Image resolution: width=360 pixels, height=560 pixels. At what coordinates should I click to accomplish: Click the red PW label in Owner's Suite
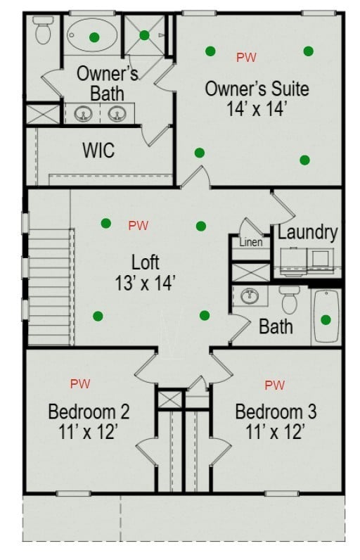point(246,57)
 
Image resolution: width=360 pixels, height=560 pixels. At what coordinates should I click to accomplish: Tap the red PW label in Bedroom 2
point(80,383)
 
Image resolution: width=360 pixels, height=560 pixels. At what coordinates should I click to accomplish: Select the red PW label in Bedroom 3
point(275,385)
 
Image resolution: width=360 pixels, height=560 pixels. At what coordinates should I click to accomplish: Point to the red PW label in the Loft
point(138,225)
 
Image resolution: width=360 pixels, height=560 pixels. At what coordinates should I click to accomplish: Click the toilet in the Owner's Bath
point(43,30)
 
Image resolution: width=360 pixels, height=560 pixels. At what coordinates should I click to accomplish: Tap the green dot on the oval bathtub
point(94,37)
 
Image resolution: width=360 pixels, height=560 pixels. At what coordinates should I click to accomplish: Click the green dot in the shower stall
point(144,35)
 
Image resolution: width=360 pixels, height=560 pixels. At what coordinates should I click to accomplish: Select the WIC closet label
point(99,151)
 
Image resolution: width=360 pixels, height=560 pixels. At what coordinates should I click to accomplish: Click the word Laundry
point(307,232)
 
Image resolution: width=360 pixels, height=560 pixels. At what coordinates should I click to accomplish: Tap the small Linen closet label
point(251,243)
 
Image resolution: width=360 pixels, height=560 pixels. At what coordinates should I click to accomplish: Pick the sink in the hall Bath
point(250,295)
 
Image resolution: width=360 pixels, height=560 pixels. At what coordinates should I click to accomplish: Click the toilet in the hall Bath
point(289,300)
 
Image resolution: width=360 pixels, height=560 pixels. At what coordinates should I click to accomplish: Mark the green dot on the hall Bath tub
point(326,319)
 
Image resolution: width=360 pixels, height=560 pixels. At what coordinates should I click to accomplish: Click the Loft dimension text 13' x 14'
point(145,284)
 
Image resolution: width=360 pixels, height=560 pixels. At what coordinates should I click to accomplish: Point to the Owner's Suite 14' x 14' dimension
point(257,108)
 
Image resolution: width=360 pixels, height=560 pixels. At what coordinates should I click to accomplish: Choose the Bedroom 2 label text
point(89,412)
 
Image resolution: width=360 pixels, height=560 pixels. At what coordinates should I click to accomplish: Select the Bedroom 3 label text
point(276,412)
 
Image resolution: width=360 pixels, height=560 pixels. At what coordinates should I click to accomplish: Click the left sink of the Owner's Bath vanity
point(83,114)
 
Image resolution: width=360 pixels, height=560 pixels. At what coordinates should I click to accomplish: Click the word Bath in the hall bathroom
point(276,327)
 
